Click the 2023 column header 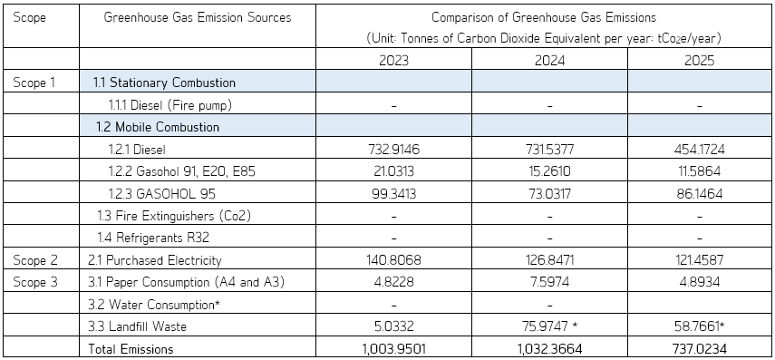(x=393, y=61)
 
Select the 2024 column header (x=549, y=61)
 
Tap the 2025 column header (x=699, y=61)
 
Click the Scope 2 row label (x=35, y=260)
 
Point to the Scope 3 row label (x=35, y=282)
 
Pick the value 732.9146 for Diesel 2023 (x=393, y=150)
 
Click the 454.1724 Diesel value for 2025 (x=699, y=150)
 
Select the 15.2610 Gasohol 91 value (x=549, y=171)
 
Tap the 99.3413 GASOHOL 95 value (x=393, y=194)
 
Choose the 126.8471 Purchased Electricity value (x=549, y=260)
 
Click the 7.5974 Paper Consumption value (x=549, y=282)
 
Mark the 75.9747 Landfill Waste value (x=546, y=326)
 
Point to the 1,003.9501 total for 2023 (x=393, y=349)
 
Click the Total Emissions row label (x=131, y=349)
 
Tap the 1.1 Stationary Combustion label (x=165, y=83)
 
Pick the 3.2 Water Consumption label (x=154, y=305)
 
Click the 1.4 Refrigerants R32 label (x=152, y=238)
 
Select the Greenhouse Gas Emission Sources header (x=198, y=18)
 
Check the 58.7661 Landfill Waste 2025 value (x=697, y=326)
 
